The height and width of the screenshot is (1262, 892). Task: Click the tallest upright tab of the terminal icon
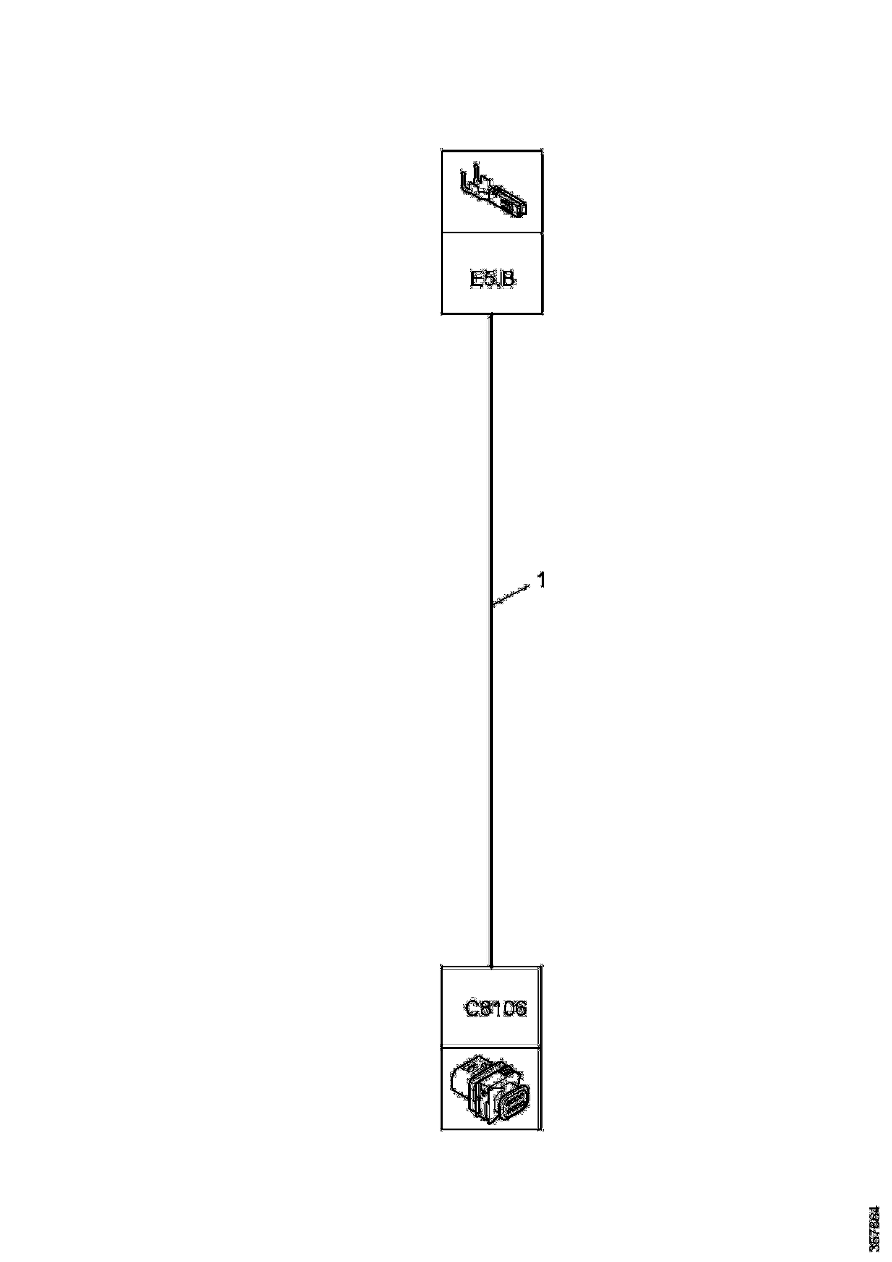477,174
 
